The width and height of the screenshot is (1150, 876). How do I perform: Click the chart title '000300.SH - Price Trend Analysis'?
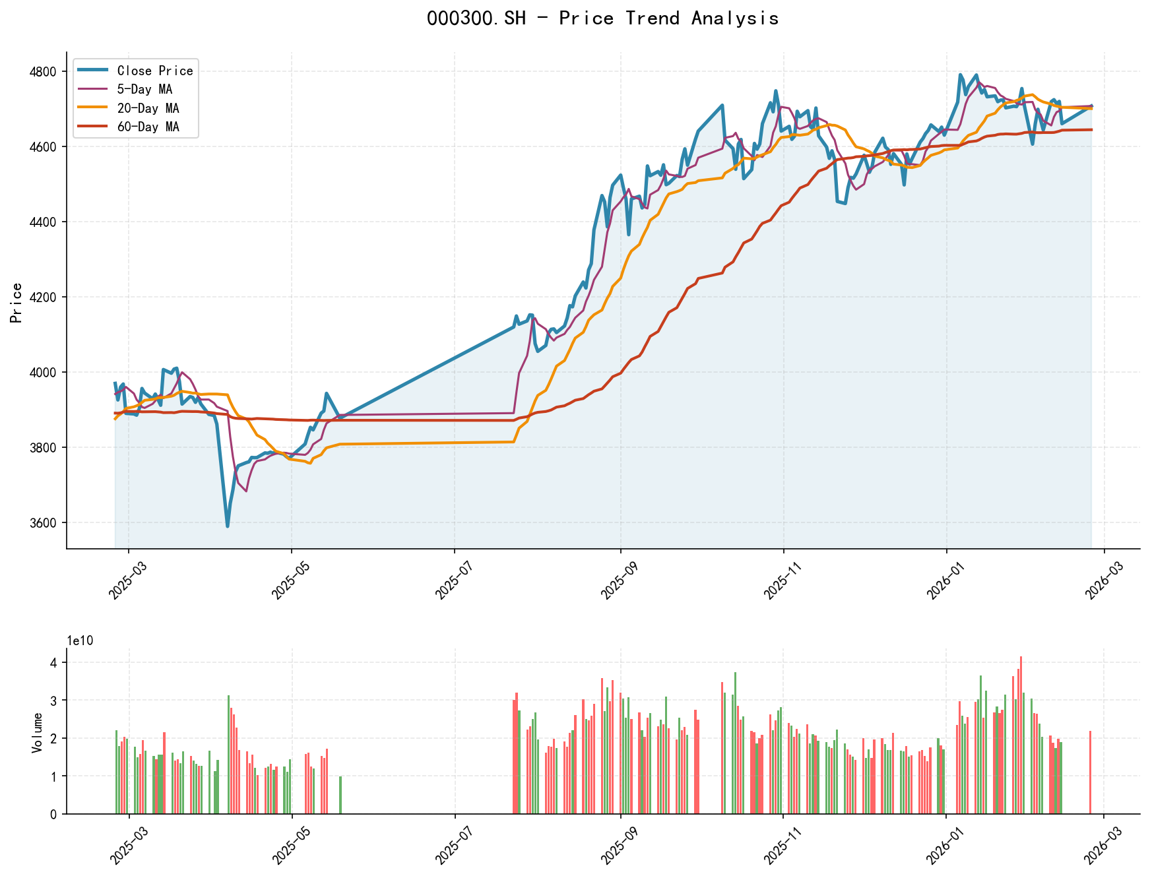pyautogui.click(x=602, y=18)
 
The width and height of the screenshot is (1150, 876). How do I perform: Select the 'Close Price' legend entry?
pyautogui.click(x=154, y=71)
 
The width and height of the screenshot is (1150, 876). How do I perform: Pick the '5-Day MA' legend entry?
pyautogui.click(x=144, y=89)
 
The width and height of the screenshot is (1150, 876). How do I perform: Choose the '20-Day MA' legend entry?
pyautogui.click(x=148, y=108)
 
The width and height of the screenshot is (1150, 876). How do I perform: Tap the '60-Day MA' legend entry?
pyautogui.click(x=148, y=127)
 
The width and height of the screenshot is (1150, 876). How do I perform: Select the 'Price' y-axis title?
pyautogui.click(x=16, y=302)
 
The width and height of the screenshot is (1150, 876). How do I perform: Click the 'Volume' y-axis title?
pyautogui.click(x=38, y=732)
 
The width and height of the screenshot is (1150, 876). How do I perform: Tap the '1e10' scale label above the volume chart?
pyautogui.click(x=80, y=641)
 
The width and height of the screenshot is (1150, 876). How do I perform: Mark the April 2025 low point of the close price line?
pyautogui.click(x=228, y=526)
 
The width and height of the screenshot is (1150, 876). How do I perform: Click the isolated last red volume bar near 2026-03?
pyautogui.click(x=1090, y=772)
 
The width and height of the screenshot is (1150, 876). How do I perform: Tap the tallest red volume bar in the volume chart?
pyautogui.click(x=1021, y=735)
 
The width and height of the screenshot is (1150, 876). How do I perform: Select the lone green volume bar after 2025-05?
pyautogui.click(x=340, y=795)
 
